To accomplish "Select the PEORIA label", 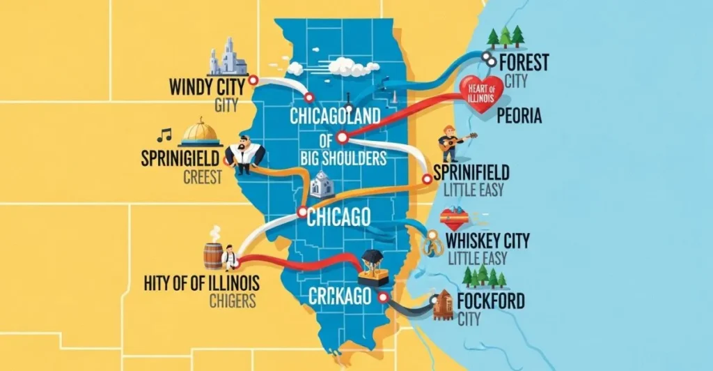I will [519, 116].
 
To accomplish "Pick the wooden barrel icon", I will [213, 255].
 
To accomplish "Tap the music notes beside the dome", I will [164, 133].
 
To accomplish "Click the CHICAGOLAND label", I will [336, 114].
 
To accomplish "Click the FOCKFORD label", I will [491, 301].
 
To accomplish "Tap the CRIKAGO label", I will [340, 295].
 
